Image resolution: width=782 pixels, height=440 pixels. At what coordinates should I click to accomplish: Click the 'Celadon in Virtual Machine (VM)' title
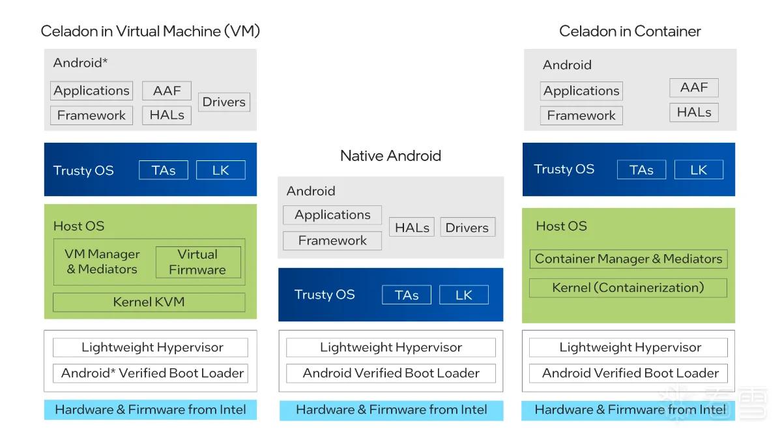click(x=150, y=31)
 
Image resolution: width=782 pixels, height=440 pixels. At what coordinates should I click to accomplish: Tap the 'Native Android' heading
click(x=390, y=156)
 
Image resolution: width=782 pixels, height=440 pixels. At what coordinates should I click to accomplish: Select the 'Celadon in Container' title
click(x=630, y=31)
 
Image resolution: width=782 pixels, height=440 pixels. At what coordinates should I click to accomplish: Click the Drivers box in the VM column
click(x=224, y=102)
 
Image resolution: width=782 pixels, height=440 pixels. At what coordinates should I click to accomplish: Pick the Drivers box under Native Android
click(x=467, y=227)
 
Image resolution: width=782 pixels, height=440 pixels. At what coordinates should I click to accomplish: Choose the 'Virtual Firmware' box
click(x=198, y=262)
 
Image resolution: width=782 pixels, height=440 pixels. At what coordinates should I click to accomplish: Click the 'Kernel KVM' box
click(x=149, y=302)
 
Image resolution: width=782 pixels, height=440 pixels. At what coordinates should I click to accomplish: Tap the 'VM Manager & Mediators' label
click(x=102, y=261)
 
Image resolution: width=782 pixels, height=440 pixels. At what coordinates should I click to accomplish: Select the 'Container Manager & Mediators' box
click(x=628, y=259)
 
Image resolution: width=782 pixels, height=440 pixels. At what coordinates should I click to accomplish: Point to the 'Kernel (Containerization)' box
click(x=628, y=287)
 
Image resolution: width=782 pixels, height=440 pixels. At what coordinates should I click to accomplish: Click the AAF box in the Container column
click(x=694, y=87)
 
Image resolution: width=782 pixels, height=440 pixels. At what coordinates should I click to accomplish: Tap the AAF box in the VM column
click(x=167, y=91)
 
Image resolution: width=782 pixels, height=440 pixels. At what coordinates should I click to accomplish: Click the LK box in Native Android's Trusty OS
click(x=463, y=295)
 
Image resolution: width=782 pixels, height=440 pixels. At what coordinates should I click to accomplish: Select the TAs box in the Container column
click(x=641, y=169)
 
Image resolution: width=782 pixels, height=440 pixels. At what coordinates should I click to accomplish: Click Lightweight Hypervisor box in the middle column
click(x=390, y=347)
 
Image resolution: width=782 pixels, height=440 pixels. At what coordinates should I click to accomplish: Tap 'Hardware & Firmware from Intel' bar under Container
click(x=628, y=410)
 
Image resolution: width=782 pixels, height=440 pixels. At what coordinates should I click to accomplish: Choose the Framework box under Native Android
click(x=332, y=241)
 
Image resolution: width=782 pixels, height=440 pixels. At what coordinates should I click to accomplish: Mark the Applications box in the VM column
click(x=91, y=91)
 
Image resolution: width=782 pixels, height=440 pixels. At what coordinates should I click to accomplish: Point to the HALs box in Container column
click(x=694, y=112)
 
